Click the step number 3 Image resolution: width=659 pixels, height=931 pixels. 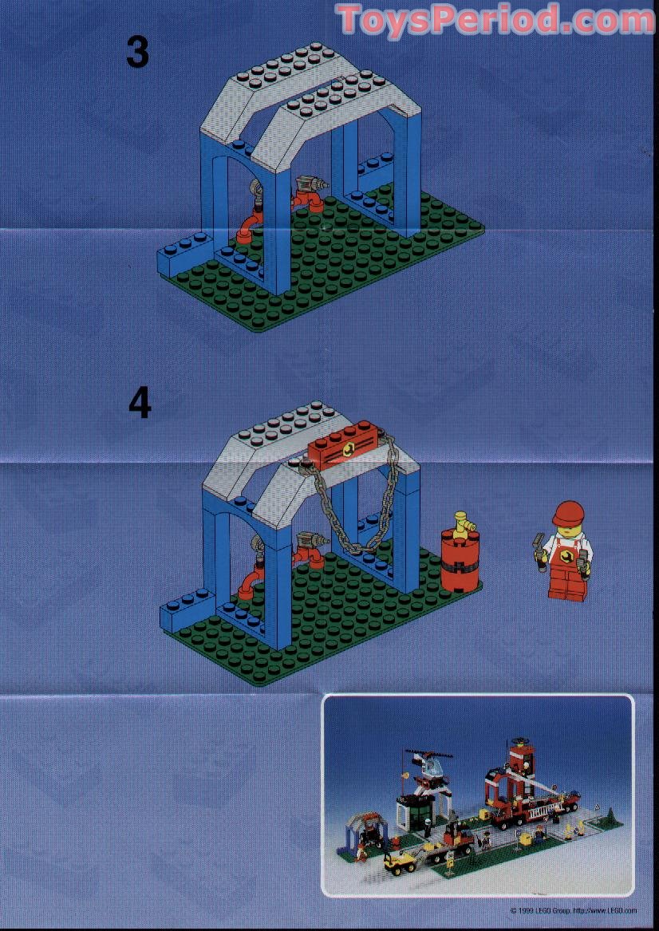coord(137,53)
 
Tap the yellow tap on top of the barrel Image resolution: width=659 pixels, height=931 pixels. coord(460,523)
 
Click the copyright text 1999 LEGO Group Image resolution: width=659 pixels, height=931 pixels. coord(573,910)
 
